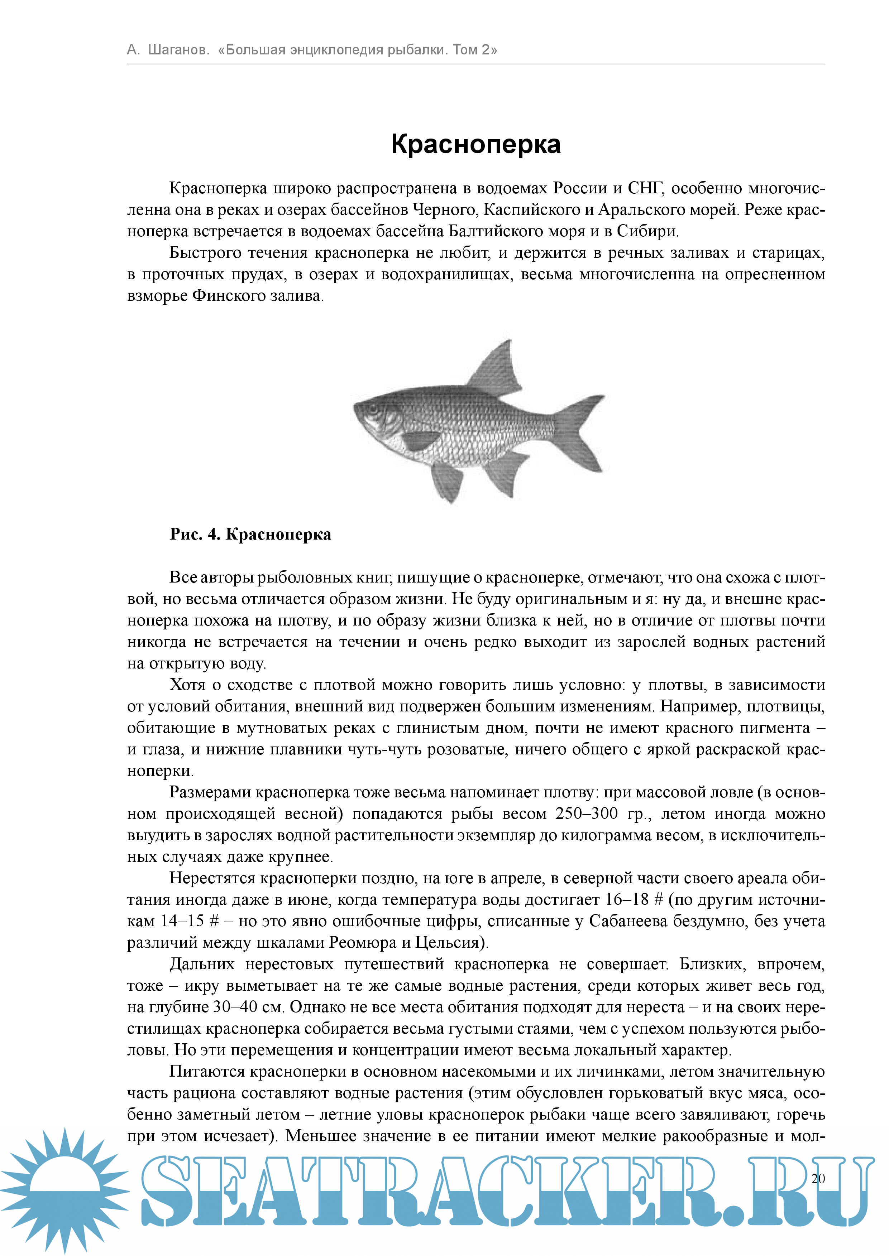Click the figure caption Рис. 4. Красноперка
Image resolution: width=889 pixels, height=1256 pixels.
(x=250, y=534)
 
